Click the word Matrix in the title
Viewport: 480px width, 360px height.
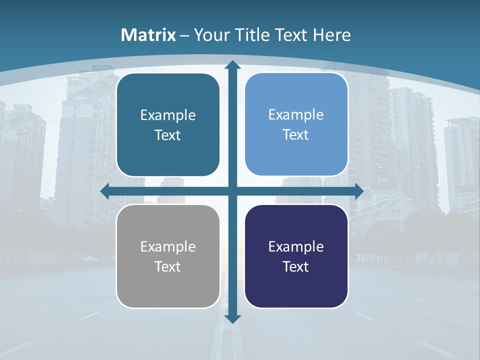pos(148,35)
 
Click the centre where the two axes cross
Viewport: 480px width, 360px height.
pos(232,191)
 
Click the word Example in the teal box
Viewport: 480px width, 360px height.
pos(168,115)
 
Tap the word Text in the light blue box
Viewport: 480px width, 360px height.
pos(296,135)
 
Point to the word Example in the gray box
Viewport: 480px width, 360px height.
pos(168,246)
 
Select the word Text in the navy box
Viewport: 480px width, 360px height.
pos(296,266)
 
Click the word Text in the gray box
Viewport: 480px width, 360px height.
pos(168,266)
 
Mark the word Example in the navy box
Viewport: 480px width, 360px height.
pos(296,246)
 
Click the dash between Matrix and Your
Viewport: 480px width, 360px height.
pos(184,35)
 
